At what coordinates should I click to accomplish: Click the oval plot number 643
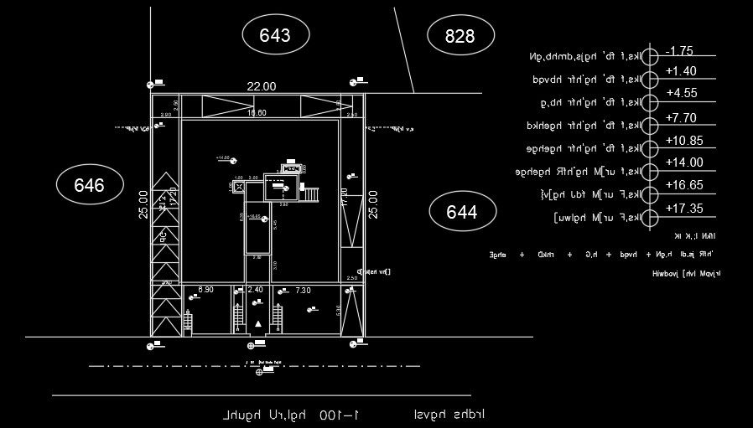pos(275,35)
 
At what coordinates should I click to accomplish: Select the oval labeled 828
pos(460,35)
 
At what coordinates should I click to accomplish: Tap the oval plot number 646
pos(89,186)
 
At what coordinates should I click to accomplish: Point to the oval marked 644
pos(462,212)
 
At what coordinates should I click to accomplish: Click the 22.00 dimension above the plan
pos(261,86)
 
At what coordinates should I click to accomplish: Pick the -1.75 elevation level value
pos(679,50)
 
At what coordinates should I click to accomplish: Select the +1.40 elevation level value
pos(680,71)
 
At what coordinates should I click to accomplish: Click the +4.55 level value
pos(682,93)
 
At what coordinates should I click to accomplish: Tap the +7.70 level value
pos(682,118)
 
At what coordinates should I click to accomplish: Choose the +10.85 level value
pos(684,141)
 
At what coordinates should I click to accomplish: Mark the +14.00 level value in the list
pos(684,162)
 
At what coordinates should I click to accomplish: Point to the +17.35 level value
pos(684,208)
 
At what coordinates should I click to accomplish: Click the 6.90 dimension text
pos(205,290)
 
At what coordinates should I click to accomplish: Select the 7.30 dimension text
pos(304,290)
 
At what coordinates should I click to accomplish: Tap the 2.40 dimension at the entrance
pos(256,290)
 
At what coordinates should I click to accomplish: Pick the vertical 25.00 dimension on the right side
pos(373,204)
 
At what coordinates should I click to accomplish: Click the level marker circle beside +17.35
pos(652,218)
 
